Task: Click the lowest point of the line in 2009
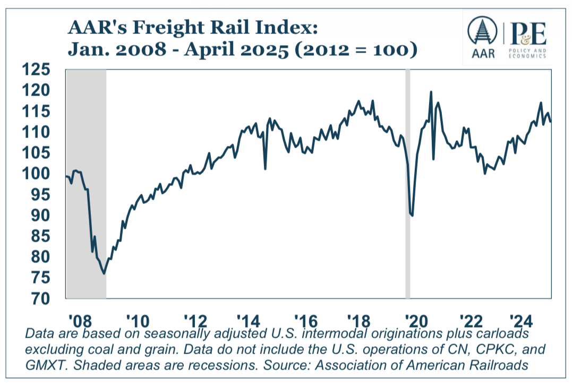coord(104,273)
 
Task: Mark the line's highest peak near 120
coord(430,92)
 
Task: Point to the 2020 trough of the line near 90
coord(412,216)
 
